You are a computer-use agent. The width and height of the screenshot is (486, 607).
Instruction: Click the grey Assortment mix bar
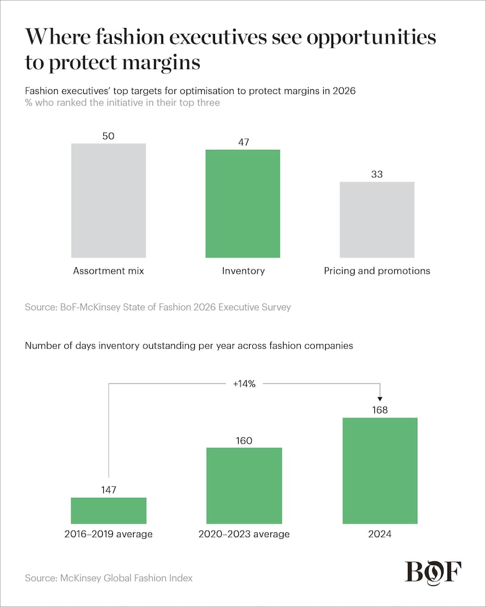pyautogui.click(x=109, y=200)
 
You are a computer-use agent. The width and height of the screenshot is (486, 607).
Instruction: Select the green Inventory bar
pyautogui.click(x=242, y=203)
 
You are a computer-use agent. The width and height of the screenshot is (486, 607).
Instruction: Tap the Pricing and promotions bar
pyautogui.click(x=377, y=220)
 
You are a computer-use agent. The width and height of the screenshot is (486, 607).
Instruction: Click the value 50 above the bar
pyautogui.click(x=109, y=136)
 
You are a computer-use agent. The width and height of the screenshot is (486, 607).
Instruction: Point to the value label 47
pyautogui.click(x=242, y=142)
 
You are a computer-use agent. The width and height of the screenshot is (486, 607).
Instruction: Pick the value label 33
pyautogui.click(x=377, y=174)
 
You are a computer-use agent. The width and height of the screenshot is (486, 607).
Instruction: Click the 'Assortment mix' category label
pyautogui.click(x=109, y=271)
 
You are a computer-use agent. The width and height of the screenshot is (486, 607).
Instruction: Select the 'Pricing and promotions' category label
pyautogui.click(x=377, y=271)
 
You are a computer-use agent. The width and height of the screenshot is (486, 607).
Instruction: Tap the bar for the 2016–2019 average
pyautogui.click(x=109, y=510)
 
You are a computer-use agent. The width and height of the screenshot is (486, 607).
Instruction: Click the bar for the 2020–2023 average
pyautogui.click(x=244, y=486)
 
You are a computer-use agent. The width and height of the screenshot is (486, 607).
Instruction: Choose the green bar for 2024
pyautogui.click(x=380, y=470)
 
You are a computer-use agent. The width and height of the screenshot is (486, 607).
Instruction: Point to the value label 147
pyautogui.click(x=109, y=490)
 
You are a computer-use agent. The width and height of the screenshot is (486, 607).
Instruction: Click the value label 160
pyautogui.click(x=244, y=440)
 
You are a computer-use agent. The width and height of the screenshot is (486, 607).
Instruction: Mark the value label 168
pyautogui.click(x=380, y=410)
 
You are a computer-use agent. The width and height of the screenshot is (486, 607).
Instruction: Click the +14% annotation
pyautogui.click(x=244, y=383)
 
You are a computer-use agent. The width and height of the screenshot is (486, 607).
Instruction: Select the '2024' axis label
pyautogui.click(x=380, y=534)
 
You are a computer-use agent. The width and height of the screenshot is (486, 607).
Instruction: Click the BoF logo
pyautogui.click(x=433, y=572)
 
